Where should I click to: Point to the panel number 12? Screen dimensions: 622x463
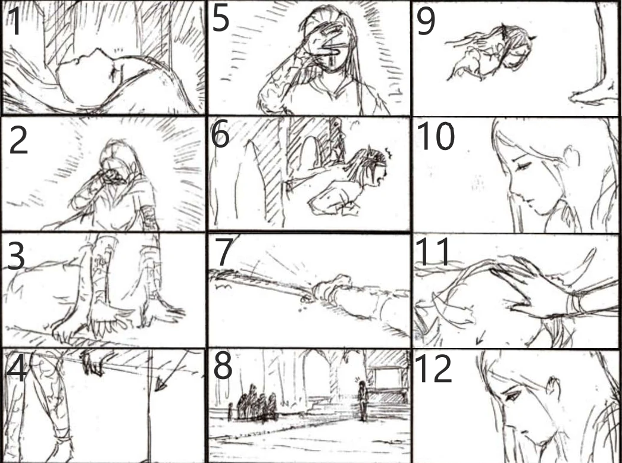point(433,368)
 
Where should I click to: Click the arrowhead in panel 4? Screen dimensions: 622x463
point(160,384)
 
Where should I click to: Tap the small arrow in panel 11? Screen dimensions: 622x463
point(480,337)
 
